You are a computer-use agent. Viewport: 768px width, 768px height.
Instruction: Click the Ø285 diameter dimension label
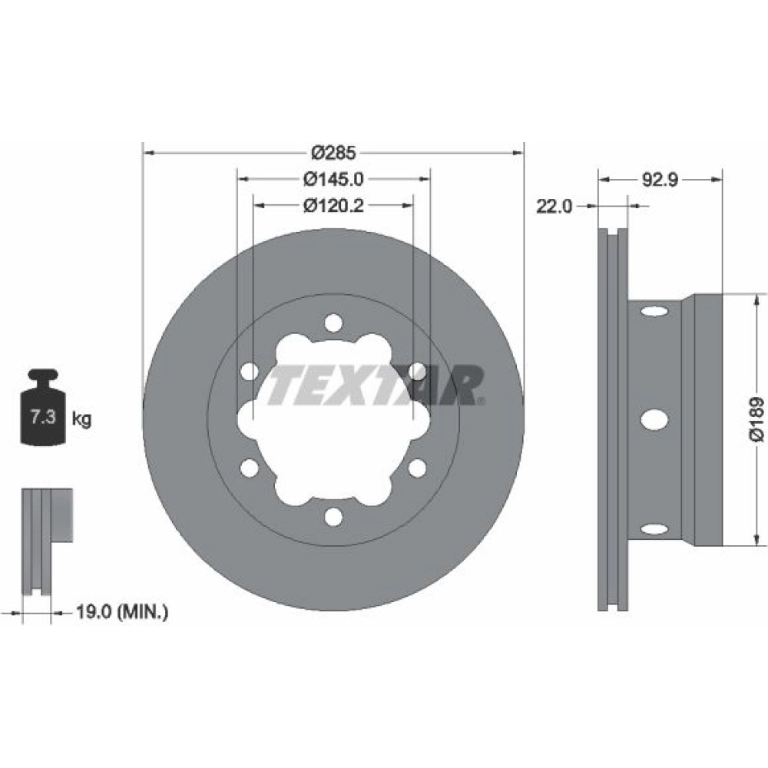click(x=333, y=153)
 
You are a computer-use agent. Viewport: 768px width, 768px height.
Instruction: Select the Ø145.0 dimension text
click(x=333, y=179)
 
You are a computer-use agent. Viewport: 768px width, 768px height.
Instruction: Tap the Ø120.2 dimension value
click(x=333, y=206)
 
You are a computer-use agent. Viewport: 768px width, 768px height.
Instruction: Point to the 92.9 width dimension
click(x=660, y=180)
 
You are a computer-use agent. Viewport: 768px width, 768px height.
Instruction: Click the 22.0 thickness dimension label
click(x=554, y=207)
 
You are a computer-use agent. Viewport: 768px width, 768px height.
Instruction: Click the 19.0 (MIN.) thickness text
click(x=122, y=612)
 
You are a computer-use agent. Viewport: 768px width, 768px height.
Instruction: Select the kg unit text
click(x=81, y=419)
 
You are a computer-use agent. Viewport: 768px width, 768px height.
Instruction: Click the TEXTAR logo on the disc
click(x=376, y=385)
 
